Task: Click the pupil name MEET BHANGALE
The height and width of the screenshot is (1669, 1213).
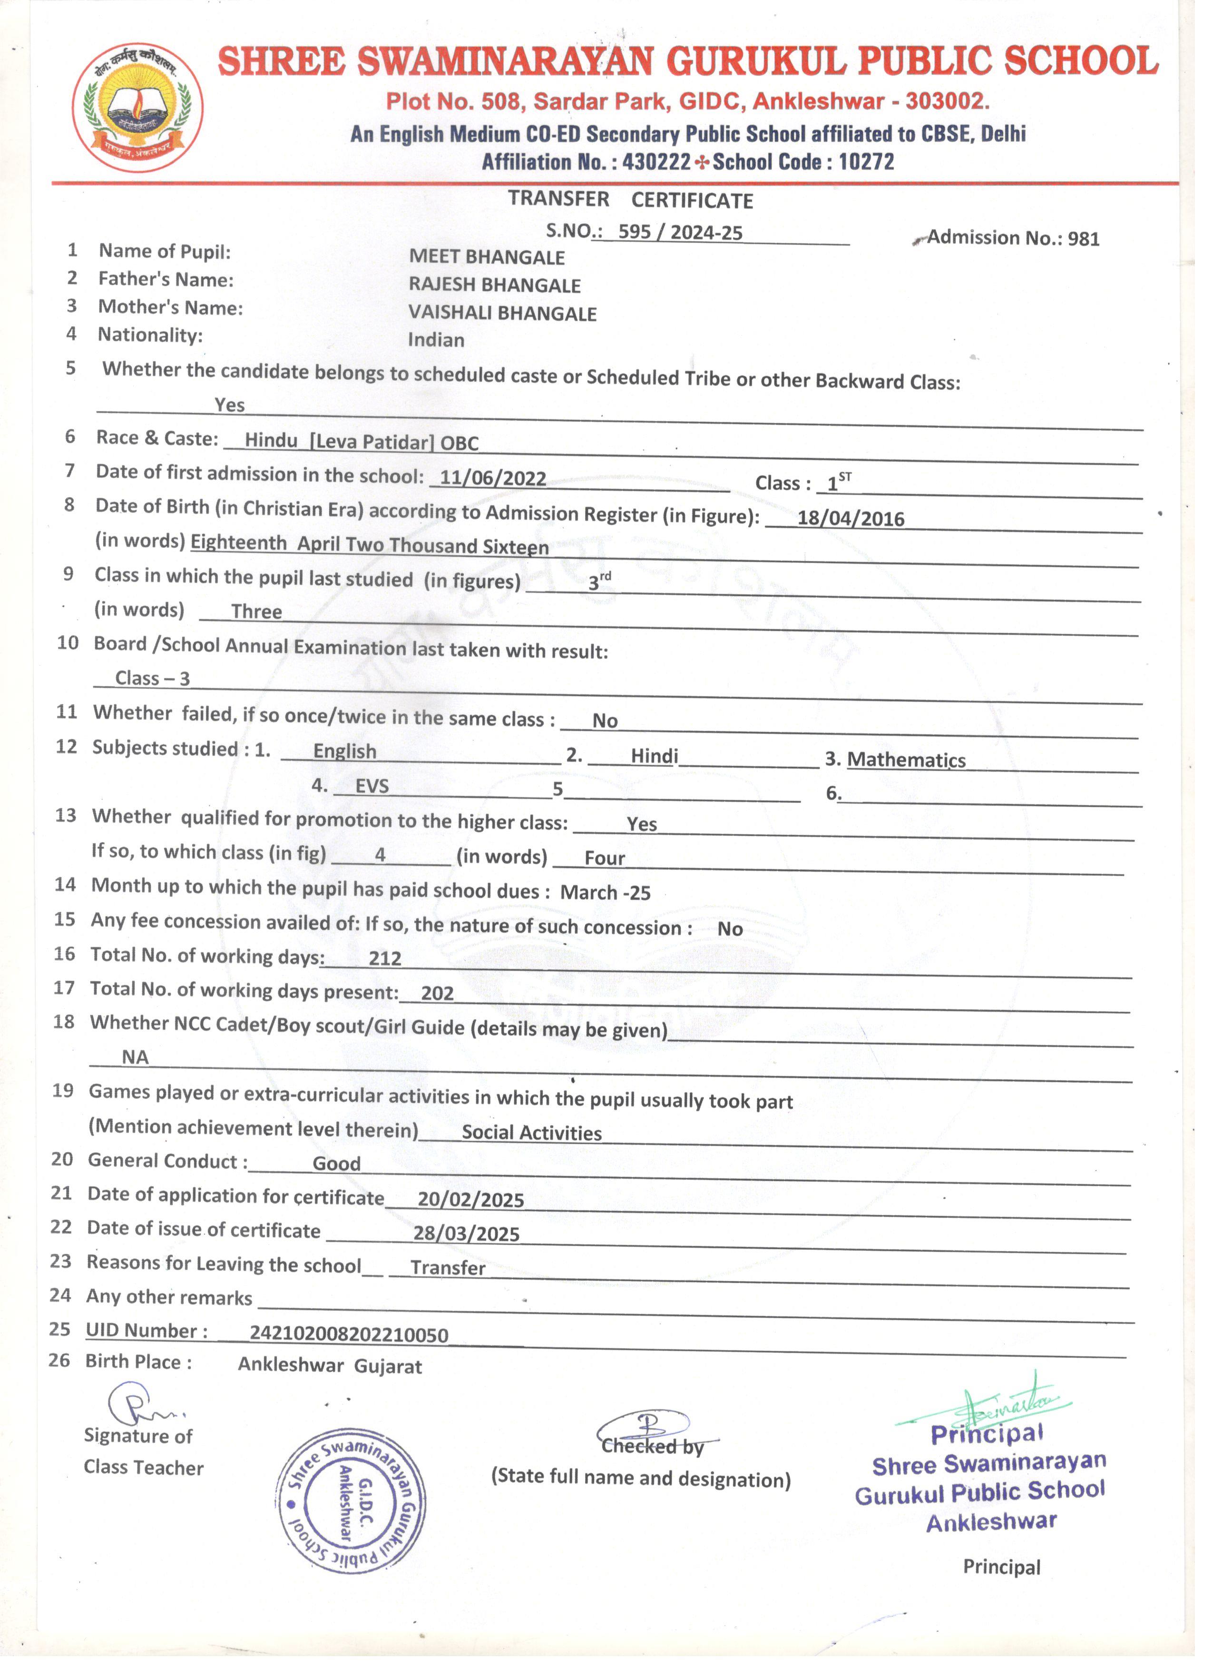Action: click(x=487, y=257)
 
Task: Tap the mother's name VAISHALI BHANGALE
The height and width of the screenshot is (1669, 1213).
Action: click(x=502, y=314)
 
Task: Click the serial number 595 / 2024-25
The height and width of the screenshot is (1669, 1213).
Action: click(x=680, y=233)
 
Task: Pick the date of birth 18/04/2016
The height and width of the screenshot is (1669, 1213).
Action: click(x=851, y=518)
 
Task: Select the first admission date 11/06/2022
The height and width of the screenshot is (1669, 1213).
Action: click(x=493, y=478)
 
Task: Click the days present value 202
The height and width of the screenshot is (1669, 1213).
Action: click(x=437, y=994)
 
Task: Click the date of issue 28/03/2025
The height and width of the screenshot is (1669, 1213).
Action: click(x=466, y=1234)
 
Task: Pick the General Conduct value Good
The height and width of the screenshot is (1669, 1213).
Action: click(x=336, y=1164)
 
